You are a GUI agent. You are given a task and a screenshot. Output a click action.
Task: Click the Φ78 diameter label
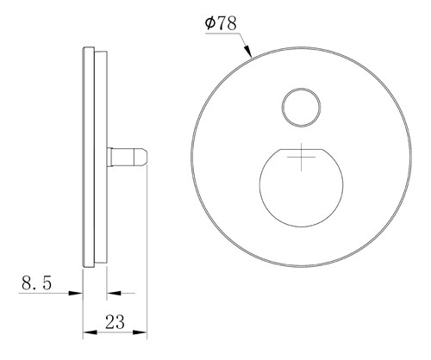click(x=221, y=23)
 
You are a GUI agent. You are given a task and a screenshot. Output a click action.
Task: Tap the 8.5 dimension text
click(x=36, y=282)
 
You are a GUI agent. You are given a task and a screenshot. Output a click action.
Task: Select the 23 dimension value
click(x=115, y=322)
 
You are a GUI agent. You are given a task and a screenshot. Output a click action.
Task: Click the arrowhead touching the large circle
click(x=247, y=51)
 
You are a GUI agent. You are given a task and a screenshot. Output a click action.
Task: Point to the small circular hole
click(x=301, y=107)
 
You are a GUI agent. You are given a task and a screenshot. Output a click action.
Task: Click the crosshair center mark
click(x=301, y=157)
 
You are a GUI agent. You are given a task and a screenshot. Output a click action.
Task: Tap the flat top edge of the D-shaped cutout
click(x=301, y=149)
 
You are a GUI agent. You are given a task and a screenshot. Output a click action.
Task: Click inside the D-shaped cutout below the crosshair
click(x=301, y=196)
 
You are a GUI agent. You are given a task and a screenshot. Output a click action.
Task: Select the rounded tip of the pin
click(x=141, y=157)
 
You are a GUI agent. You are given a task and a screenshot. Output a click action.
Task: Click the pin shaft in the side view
click(x=123, y=157)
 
